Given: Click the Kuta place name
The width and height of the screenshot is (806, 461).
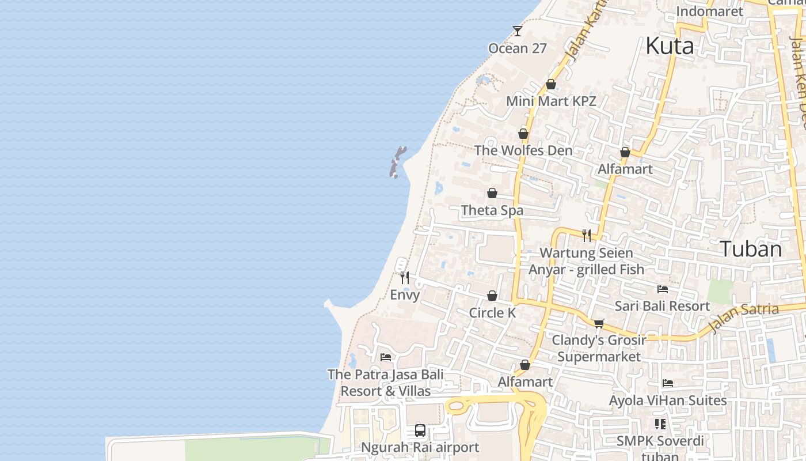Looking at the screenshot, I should [669, 46].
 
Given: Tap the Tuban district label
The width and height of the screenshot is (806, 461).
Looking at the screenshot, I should [751, 249].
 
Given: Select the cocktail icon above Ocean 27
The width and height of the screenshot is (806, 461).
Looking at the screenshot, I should [518, 31].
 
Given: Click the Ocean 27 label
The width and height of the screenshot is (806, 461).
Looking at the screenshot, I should [517, 48].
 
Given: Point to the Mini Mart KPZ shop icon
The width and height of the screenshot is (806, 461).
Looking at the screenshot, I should [551, 84].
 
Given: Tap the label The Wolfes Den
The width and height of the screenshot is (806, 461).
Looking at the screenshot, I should [523, 150].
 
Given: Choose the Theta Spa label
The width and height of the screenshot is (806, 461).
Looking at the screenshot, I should [492, 210].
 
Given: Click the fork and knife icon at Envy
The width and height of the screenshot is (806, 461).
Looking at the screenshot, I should [405, 278].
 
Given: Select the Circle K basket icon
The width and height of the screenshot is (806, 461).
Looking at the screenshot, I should [492, 296].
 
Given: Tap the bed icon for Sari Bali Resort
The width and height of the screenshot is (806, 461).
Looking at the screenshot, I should [663, 289].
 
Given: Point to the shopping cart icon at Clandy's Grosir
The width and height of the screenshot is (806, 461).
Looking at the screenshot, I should [599, 323].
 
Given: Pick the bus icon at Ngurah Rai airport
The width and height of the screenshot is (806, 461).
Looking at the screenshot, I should [420, 430].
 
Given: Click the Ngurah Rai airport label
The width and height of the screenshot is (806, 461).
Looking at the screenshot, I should [420, 447].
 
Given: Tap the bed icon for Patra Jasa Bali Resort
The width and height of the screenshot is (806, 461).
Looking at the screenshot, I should [386, 357].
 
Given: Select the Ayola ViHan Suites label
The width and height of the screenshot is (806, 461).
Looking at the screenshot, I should [668, 400].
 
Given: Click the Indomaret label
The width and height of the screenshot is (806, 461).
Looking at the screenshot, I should [709, 11].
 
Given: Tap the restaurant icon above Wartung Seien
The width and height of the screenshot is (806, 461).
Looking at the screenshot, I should [587, 235].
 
